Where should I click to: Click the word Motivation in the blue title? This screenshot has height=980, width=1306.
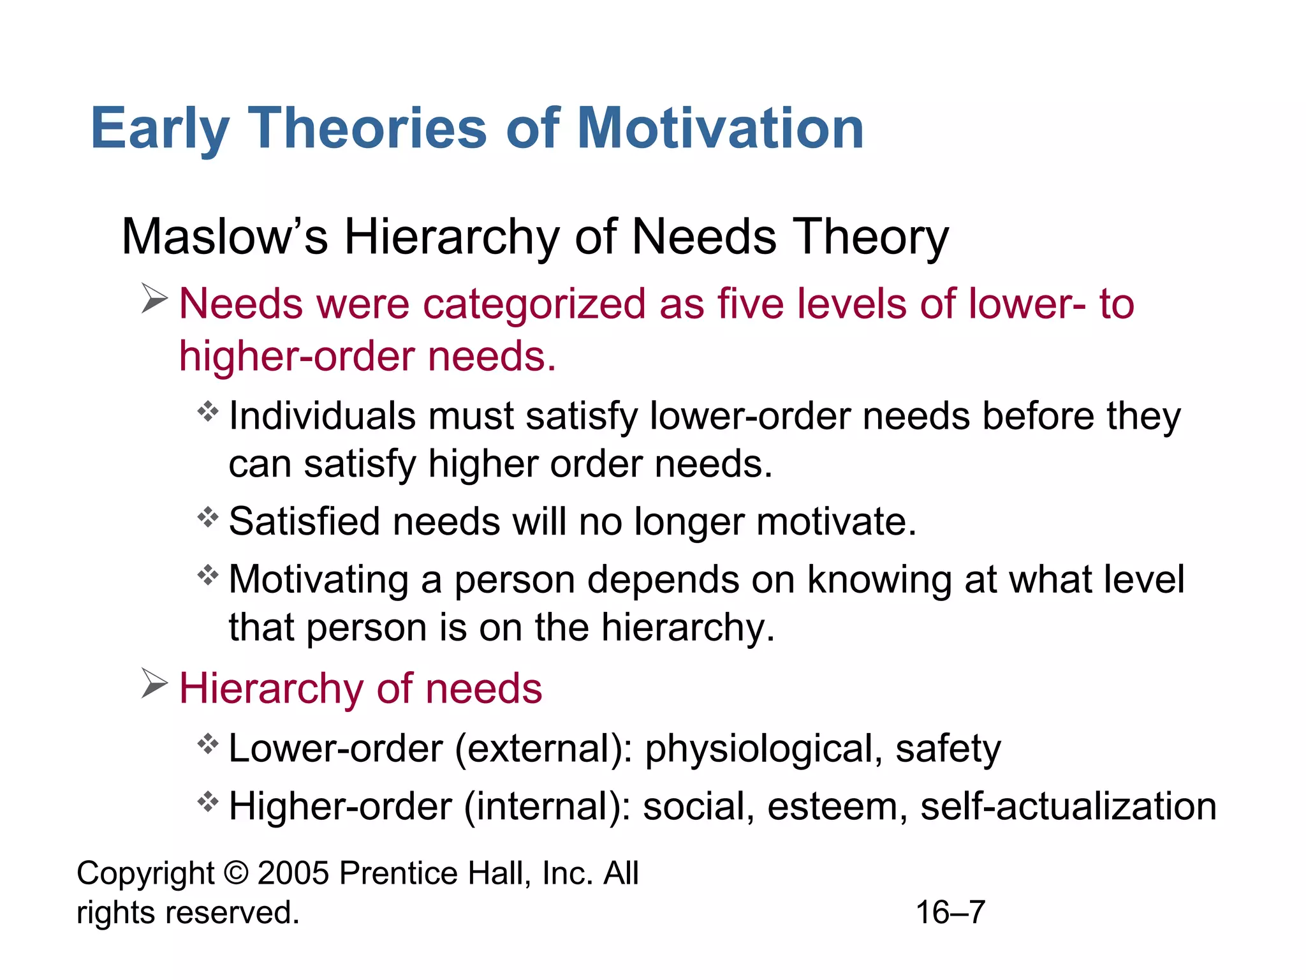point(720,129)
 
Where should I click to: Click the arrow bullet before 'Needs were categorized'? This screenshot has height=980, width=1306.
point(154,299)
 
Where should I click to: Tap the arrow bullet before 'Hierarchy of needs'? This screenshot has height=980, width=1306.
point(154,683)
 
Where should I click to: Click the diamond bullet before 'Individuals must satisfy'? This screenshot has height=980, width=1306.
point(208,412)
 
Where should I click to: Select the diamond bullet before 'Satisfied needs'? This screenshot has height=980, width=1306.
point(208,517)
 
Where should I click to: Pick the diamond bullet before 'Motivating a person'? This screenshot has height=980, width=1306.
point(208,575)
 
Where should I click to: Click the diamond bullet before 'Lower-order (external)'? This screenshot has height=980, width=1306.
point(208,744)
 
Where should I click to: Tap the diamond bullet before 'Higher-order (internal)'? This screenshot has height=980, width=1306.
point(208,801)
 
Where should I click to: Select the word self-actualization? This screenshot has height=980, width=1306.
point(1068,806)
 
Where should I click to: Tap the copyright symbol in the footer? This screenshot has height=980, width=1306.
point(236,873)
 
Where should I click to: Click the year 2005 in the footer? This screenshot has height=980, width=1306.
point(293,873)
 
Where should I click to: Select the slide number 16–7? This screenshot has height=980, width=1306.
point(950,912)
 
